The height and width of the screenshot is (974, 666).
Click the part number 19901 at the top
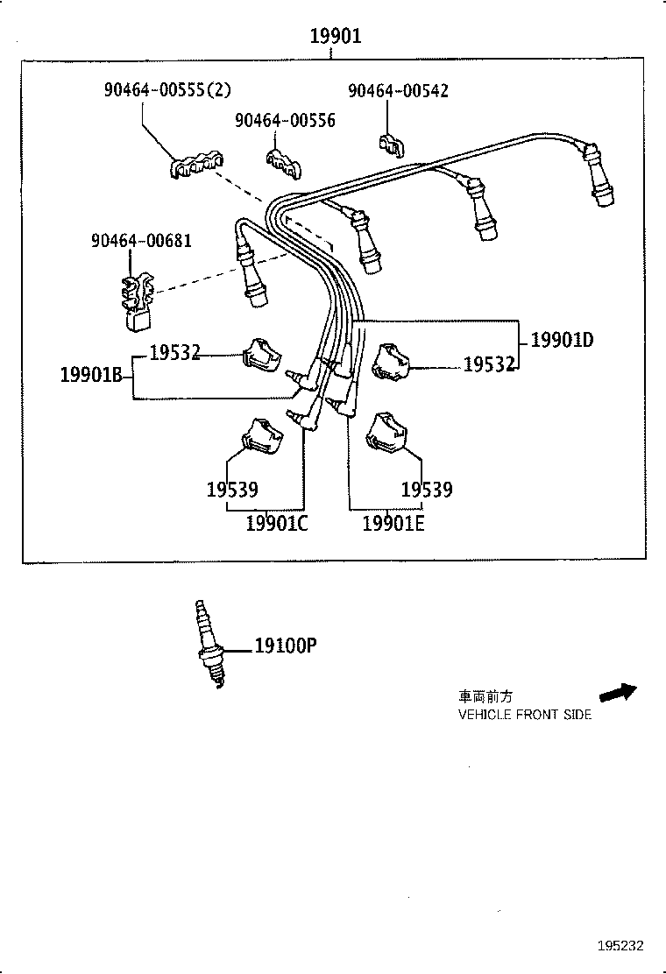point(335,37)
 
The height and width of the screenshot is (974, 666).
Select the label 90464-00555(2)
point(166,90)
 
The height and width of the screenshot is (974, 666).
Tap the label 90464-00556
point(285,120)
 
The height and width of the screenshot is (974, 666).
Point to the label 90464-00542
point(398,90)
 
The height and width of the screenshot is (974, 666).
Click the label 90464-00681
point(141,240)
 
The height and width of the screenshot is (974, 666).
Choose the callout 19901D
point(562,340)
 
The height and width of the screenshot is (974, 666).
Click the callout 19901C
point(277,524)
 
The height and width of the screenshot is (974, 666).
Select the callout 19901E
point(393,524)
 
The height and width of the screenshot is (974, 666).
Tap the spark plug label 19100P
point(285,646)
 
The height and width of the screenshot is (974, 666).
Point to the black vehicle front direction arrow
point(621,691)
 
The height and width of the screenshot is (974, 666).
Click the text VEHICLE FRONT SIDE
point(525,715)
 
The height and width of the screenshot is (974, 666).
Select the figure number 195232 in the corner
point(620,946)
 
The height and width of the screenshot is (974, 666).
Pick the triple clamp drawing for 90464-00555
point(195,166)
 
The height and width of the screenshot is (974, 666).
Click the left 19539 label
point(232,490)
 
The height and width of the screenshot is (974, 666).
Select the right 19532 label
point(488,364)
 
